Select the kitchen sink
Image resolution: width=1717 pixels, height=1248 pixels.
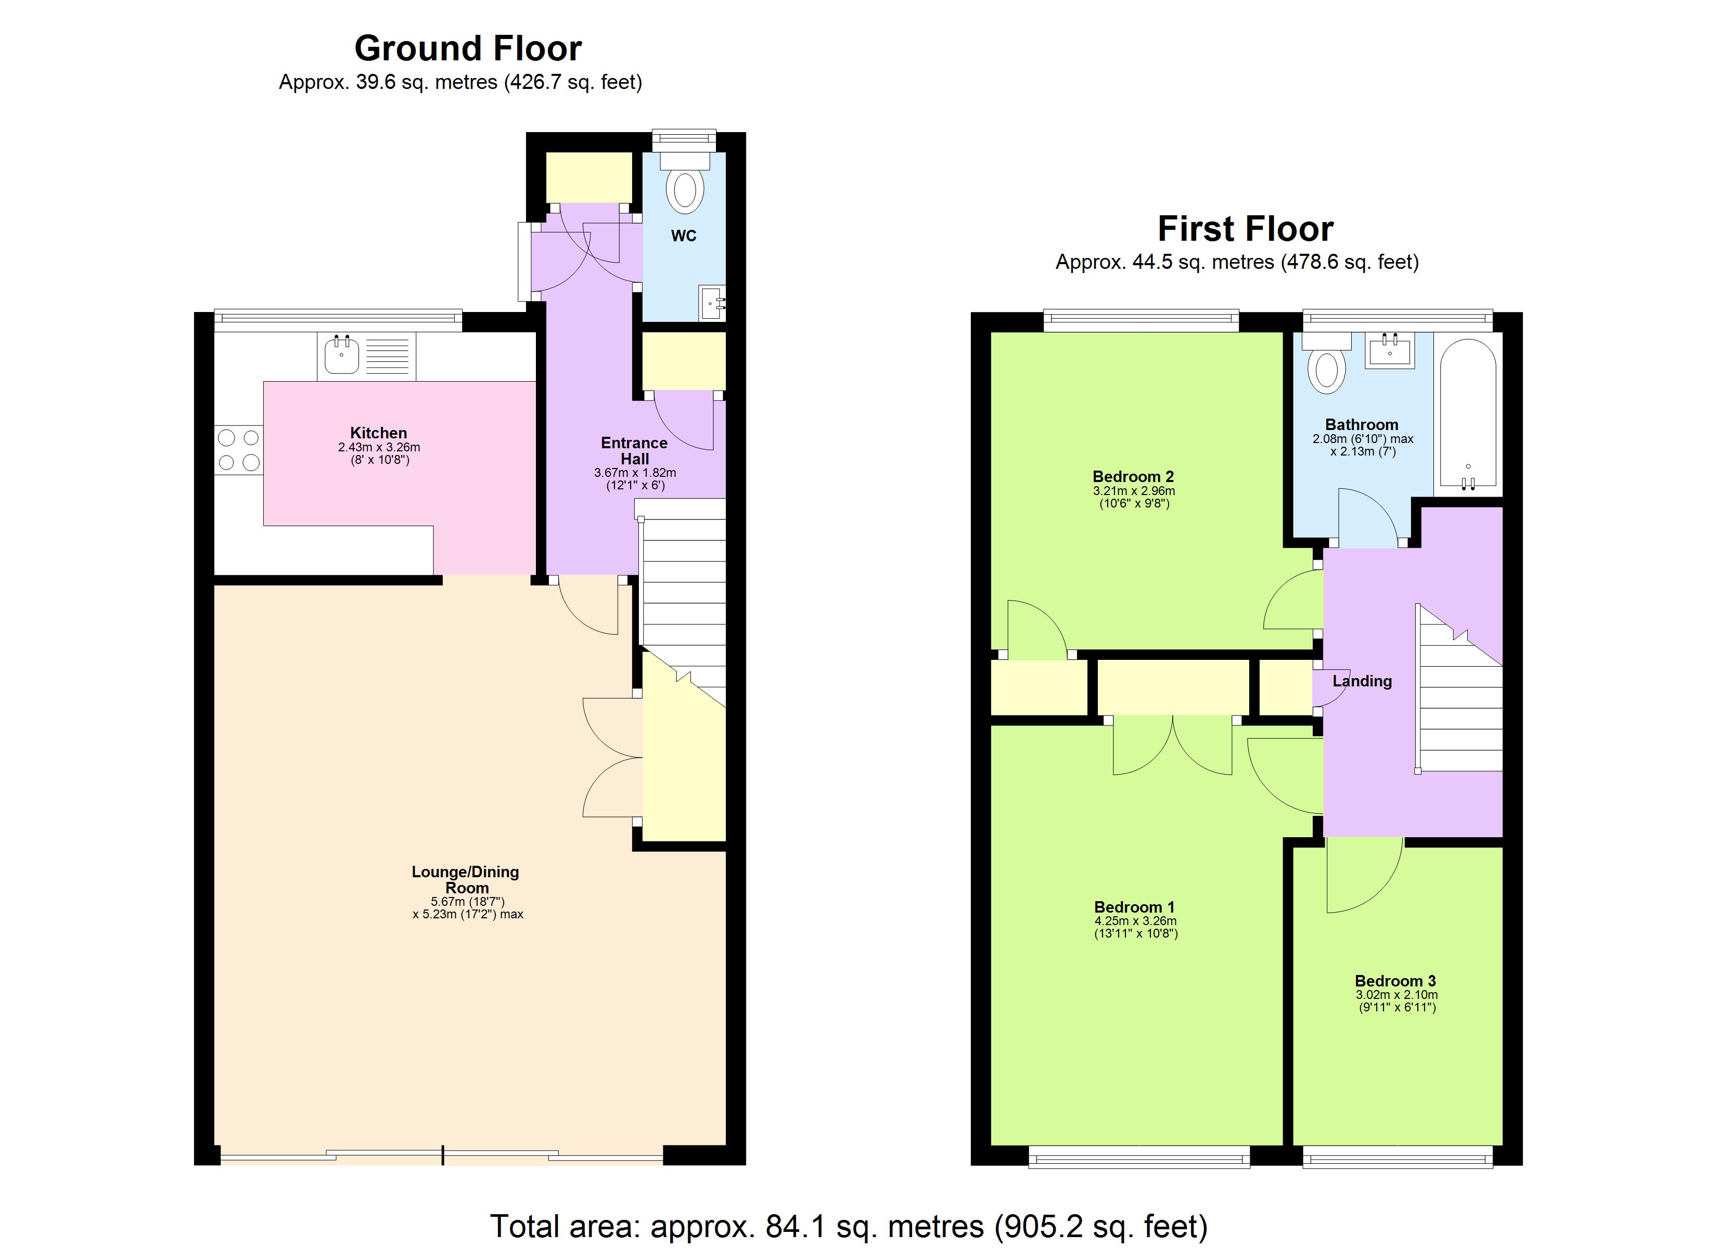click(342, 356)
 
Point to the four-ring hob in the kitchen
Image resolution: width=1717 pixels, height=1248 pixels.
click(238, 450)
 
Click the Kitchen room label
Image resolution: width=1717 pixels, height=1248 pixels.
click(379, 433)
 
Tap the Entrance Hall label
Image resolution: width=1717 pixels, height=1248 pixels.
click(634, 451)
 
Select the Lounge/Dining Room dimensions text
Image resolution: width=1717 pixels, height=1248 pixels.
click(467, 907)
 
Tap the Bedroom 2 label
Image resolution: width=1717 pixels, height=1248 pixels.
click(1133, 477)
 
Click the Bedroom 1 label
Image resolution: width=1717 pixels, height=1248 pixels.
click(1134, 907)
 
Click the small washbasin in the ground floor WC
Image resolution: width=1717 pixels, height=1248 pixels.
click(712, 304)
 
